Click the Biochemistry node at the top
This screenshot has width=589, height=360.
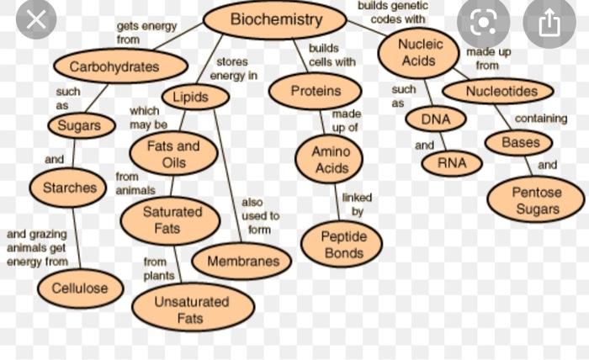coord(276,19)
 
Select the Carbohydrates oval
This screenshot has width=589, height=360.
coord(119,66)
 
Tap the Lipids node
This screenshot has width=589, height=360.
coord(195,98)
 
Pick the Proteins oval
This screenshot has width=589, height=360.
coord(316,91)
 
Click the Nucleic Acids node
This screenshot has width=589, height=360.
coord(418,52)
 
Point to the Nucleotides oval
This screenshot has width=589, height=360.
coord(498,91)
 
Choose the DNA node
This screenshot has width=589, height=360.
coord(435,119)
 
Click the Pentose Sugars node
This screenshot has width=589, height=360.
coord(536,200)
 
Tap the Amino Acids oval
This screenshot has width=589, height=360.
coord(331,159)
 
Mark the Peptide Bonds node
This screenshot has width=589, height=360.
coord(342,244)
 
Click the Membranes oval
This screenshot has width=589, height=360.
coord(242,262)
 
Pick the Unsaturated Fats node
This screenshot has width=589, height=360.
coord(192,310)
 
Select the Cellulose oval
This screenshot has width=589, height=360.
coord(80,289)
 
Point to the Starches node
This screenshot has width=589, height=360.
coord(69,188)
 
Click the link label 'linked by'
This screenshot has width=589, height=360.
coord(357,204)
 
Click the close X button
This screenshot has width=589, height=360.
coord(35,19)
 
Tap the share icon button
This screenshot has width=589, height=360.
coord(549,23)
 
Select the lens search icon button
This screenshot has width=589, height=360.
coord(483,23)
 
